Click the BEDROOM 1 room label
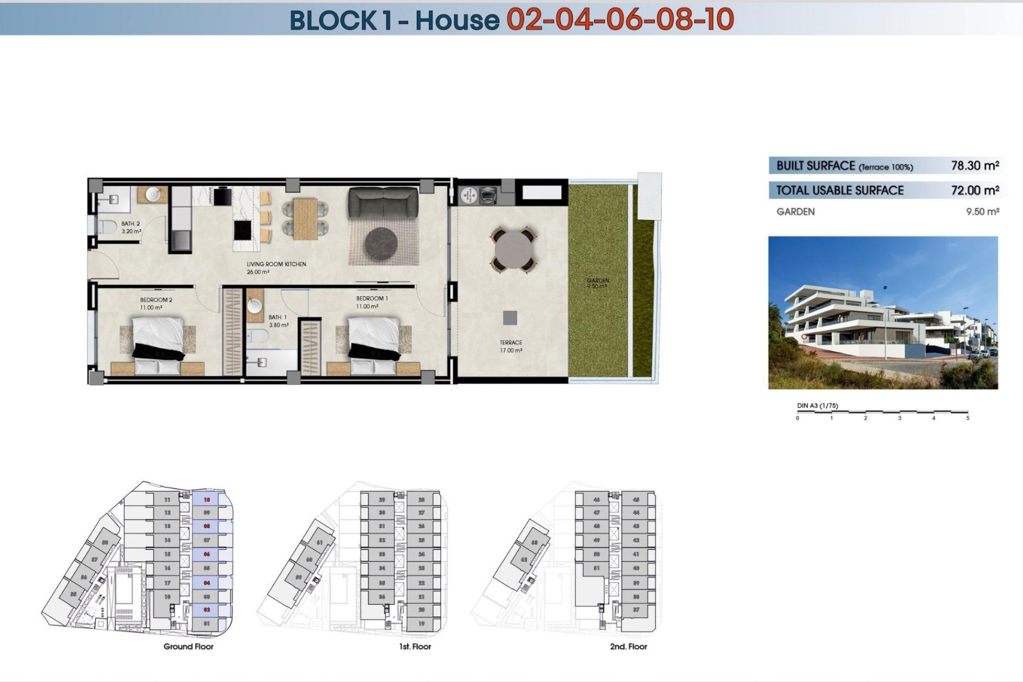coord(371,298)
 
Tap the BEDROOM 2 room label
coord(156,300)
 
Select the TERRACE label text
coord(510,343)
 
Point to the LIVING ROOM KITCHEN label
coord(276,264)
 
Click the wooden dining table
coord(305,218)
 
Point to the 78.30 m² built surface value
coord(975,166)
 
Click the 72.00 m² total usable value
coord(975,190)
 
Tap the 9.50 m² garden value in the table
coord(982,212)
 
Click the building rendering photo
coord(882,313)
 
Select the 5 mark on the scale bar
coord(968,418)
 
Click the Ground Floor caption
coord(188,646)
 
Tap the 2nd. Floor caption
coord(628,646)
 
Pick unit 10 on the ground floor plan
coord(207,500)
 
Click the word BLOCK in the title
coord(333,20)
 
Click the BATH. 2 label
coord(130,224)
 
